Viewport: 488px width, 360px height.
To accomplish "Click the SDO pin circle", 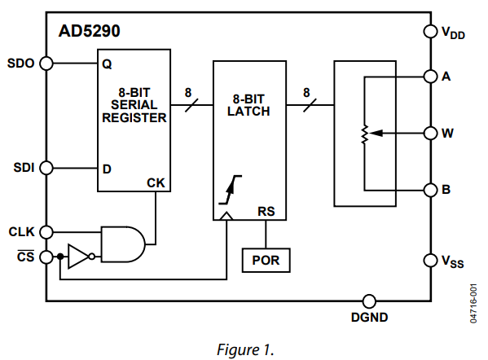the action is (x=46, y=64).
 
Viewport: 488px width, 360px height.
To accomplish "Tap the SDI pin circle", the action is (x=46, y=168).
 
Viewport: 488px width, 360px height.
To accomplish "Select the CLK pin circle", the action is (x=46, y=232).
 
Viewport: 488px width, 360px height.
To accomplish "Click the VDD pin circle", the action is (x=431, y=31).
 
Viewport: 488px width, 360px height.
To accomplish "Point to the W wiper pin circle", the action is (x=431, y=134).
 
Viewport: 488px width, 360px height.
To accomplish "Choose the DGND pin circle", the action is (x=369, y=301).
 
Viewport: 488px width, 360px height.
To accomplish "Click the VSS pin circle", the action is (x=431, y=261).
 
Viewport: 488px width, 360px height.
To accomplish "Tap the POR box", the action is (x=266, y=261).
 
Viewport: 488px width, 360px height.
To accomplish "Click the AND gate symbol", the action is (x=123, y=244).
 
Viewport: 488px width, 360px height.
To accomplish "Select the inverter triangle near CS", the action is (x=79, y=257).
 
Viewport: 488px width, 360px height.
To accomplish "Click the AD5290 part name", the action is (x=90, y=31).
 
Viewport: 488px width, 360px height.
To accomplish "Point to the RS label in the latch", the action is (x=266, y=212).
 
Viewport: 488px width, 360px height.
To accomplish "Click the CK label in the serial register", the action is (x=156, y=183).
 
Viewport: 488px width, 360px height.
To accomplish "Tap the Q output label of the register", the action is (x=107, y=64).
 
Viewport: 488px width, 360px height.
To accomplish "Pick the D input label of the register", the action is (x=107, y=169).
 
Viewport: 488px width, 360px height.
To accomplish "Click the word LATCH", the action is (x=248, y=112).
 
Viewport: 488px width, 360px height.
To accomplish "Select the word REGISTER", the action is (x=134, y=118).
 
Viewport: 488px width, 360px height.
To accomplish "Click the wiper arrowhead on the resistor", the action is (x=376, y=134).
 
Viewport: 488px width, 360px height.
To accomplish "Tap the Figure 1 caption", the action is (x=245, y=349).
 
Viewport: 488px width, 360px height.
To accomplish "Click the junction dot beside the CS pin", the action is (x=60, y=257).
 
